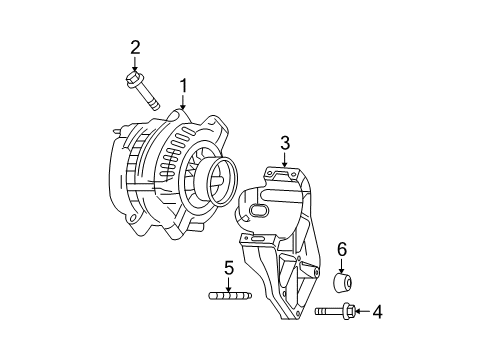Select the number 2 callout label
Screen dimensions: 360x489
135,46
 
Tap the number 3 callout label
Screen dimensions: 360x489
285,144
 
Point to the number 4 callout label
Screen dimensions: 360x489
377,312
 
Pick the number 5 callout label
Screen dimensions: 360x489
228,267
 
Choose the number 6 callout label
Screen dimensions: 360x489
341,248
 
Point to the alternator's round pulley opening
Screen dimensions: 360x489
212,185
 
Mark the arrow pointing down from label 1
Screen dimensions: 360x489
183,101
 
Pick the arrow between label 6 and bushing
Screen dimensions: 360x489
341,263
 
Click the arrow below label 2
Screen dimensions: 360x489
135,61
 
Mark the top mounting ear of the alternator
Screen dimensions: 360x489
176,118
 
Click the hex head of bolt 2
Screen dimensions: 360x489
135,76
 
